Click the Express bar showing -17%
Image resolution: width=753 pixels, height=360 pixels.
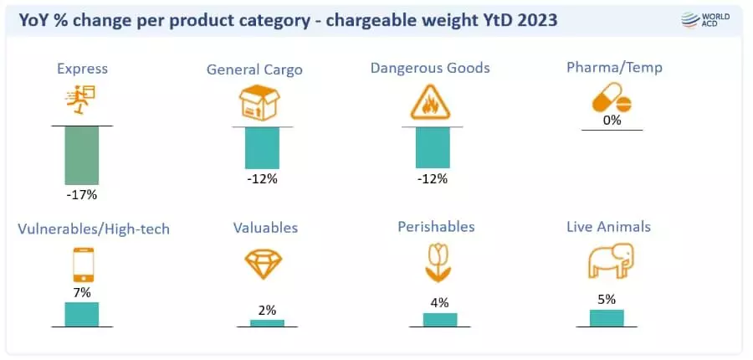pos(82,155)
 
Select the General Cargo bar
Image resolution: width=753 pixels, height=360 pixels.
pos(262,148)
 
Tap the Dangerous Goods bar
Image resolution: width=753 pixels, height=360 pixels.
pos(433,147)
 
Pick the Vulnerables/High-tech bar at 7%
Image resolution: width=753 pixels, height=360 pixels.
pos(82,314)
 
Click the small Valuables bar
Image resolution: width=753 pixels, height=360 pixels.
pos(267,322)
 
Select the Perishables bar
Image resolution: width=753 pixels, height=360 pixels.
pos(440,319)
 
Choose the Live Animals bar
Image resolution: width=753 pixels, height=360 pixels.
pos(607,317)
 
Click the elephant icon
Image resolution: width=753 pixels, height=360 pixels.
pos(607,263)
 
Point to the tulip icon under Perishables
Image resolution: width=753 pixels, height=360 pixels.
pos(439,263)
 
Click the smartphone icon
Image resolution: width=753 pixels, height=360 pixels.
pos(82,265)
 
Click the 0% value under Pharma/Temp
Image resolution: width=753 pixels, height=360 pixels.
pos(612,121)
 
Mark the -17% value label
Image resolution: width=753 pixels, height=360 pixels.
pos(82,195)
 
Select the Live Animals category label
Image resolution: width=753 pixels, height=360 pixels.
pos(608,226)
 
